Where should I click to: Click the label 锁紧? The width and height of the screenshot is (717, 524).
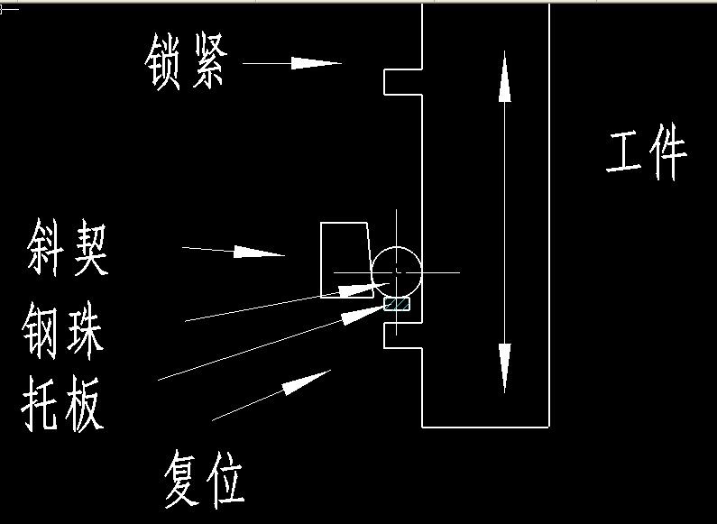click(187, 64)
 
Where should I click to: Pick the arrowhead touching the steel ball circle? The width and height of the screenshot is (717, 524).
click(358, 289)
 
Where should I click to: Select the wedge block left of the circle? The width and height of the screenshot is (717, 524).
click(345, 259)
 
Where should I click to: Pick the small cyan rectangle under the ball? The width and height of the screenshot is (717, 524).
click(397, 304)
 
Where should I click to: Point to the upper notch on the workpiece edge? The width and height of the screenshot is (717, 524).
click(403, 81)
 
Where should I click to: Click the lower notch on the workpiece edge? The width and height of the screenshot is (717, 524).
click(403, 335)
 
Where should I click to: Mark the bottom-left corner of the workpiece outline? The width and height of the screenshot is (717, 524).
click(423, 427)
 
